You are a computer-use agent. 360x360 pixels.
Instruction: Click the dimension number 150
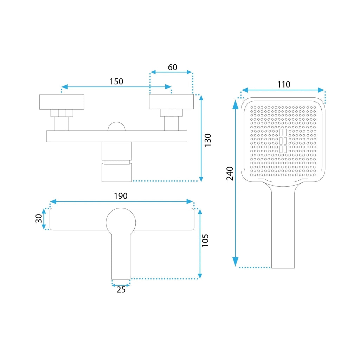pyautogui.click(x=116, y=82)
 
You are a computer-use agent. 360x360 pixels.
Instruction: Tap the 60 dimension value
pyautogui.click(x=172, y=67)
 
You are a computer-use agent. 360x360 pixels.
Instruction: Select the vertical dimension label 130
pyautogui.click(x=208, y=140)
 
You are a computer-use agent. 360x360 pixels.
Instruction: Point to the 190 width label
pyautogui.click(x=121, y=196)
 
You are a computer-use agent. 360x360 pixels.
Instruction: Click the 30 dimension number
pyautogui.click(x=39, y=218)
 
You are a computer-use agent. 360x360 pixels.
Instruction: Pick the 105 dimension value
pyautogui.click(x=205, y=240)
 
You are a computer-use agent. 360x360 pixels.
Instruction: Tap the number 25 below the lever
pyautogui.click(x=121, y=290)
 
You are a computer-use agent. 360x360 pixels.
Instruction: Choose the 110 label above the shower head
pyautogui.click(x=284, y=84)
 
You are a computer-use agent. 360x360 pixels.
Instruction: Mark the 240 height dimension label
pyautogui.click(x=230, y=174)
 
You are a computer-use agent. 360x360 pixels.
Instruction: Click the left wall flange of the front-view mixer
pyautogui.click(x=62, y=102)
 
